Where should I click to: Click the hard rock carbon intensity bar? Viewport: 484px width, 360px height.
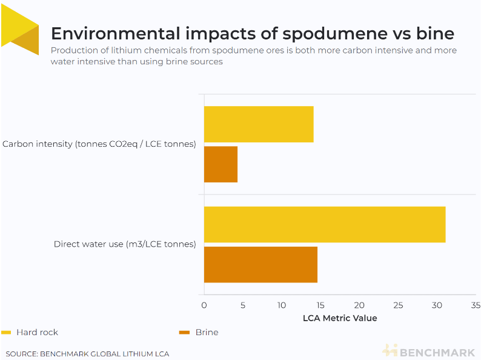pyautogui.click(x=259, y=124)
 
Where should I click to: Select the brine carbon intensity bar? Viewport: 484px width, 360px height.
pyautogui.click(x=220, y=164)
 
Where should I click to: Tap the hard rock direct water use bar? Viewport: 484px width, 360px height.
pyautogui.click(x=325, y=224)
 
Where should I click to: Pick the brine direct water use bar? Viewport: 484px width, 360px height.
pyautogui.click(x=260, y=264)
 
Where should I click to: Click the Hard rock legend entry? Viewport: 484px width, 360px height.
pyautogui.click(x=36, y=332)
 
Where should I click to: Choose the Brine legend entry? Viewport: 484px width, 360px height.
pyautogui.click(x=206, y=332)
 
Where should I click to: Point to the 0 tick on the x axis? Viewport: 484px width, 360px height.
pyautogui.click(x=204, y=305)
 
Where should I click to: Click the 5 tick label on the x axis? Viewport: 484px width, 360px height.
pyautogui.click(x=243, y=305)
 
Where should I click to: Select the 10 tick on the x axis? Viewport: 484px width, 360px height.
pyautogui.click(x=282, y=305)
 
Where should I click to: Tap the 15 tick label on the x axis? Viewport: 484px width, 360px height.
pyautogui.click(x=320, y=305)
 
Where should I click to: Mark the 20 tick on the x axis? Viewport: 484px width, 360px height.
pyautogui.click(x=359, y=305)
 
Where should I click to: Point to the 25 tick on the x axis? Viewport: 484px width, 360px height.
pyautogui.click(x=398, y=305)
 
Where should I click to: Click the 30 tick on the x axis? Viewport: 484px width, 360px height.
pyautogui.click(x=437, y=305)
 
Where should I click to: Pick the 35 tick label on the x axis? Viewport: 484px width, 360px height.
pyautogui.click(x=476, y=305)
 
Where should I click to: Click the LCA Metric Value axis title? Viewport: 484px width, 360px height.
pyautogui.click(x=339, y=318)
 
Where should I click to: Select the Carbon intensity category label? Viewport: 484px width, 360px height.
pyautogui.click(x=99, y=144)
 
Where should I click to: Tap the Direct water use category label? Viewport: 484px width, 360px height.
pyautogui.click(x=125, y=244)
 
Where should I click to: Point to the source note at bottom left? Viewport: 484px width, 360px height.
pyautogui.click(x=87, y=353)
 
